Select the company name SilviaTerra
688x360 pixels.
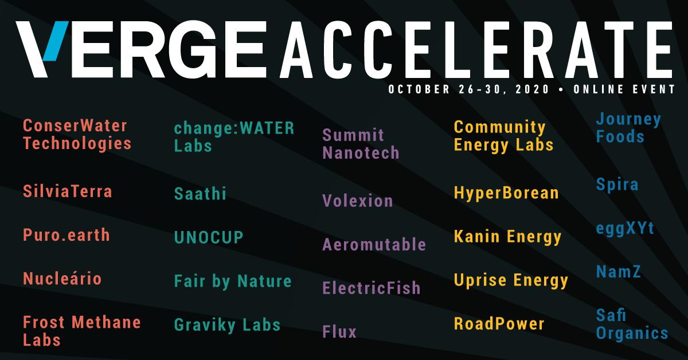[68, 191]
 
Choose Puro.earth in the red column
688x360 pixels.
[67, 235]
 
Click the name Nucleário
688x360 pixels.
[62, 279]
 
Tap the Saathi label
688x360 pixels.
[200, 194]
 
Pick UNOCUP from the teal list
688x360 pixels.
[209, 237]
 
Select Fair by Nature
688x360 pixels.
[233, 281]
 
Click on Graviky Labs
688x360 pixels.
[227, 325]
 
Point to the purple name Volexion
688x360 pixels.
[358, 201]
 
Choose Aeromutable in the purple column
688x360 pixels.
[374, 244]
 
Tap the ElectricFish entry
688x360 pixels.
[372, 287]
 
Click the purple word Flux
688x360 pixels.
[339, 331]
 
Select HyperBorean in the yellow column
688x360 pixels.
[506, 193]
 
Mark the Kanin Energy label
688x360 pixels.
[507, 236]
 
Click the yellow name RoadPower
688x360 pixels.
[499, 323]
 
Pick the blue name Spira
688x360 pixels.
[617, 185]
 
